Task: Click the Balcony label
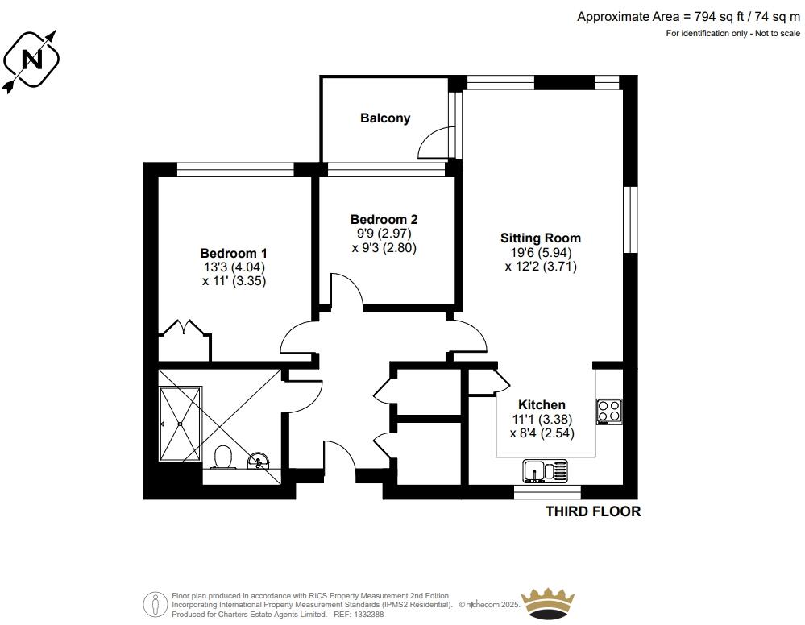point(385,118)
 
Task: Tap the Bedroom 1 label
point(234,253)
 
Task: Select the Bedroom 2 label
point(384,220)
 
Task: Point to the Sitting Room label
point(541,238)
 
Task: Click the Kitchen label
point(542,404)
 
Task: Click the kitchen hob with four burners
point(609,412)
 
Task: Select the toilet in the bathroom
point(223,457)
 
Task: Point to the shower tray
point(181,424)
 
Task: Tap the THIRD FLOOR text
point(593,511)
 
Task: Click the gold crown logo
point(548,603)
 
